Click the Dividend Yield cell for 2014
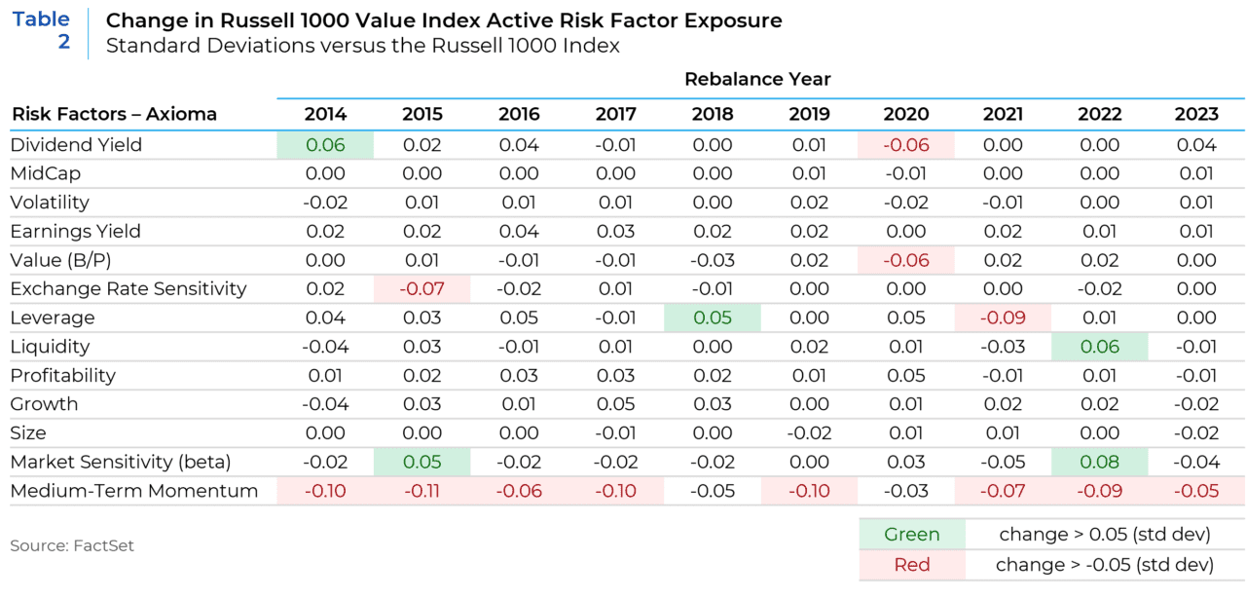[x=325, y=145]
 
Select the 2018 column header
[x=713, y=114]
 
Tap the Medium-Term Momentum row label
[x=134, y=491]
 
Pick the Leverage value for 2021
[x=1003, y=318]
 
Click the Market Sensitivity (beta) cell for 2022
[x=1099, y=462]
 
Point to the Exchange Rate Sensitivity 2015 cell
[x=421, y=289]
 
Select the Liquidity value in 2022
[x=1099, y=347]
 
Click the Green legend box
[x=912, y=535]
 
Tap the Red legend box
[x=912, y=565]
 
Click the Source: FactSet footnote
[x=72, y=545]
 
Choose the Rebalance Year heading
[x=757, y=79]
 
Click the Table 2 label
[x=41, y=30]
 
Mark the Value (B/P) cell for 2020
[x=906, y=260]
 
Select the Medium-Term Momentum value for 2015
[x=421, y=491]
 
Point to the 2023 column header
[x=1196, y=114]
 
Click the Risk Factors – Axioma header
[x=114, y=114]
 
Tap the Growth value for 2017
[x=615, y=404]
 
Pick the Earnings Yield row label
[x=76, y=232]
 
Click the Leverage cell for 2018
[x=713, y=318]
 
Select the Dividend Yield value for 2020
[x=906, y=145]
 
